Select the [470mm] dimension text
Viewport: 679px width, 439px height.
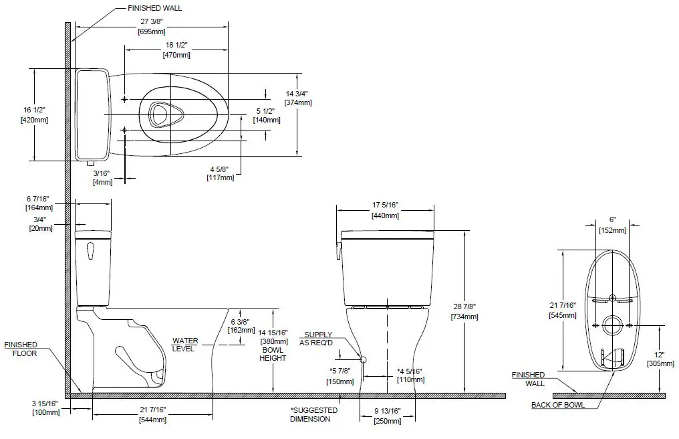[176, 55]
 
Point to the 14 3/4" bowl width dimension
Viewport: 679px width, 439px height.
[297, 98]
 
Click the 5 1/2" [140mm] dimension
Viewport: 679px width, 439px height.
[267, 115]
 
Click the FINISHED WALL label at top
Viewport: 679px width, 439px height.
[154, 8]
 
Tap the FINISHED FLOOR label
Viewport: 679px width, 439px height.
[21, 349]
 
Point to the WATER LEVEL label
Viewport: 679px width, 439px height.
[185, 345]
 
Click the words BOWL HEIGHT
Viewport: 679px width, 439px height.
[273, 354]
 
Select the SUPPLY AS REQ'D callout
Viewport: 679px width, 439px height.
[318, 339]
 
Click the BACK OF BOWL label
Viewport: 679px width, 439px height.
[558, 405]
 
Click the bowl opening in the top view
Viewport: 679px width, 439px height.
[159, 114]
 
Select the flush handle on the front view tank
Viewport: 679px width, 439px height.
[339, 250]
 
